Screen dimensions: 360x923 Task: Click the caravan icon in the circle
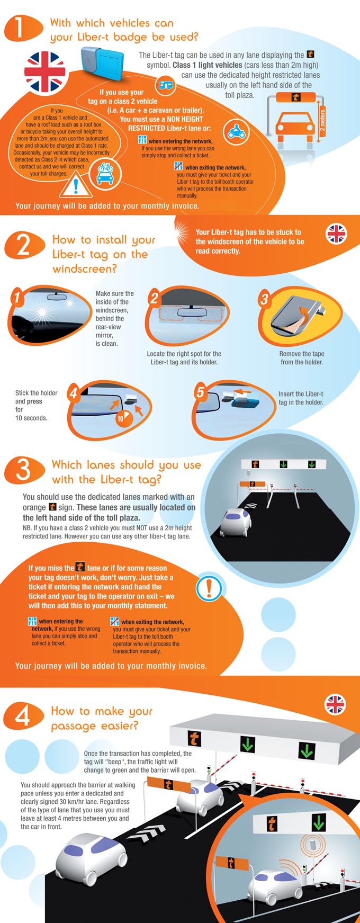tap(166, 85)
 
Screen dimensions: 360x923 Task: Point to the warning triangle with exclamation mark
tap(76, 185)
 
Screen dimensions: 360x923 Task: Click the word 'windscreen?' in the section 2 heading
tap(85, 269)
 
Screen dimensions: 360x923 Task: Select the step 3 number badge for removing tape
tap(264, 299)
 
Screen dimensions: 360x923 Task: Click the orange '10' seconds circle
tap(121, 418)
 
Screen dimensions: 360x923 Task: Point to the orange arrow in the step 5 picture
tap(243, 392)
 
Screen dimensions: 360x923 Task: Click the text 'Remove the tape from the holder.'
tap(302, 358)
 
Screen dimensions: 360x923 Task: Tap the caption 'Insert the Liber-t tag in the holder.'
tap(301, 398)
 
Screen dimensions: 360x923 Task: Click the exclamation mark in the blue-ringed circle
tap(210, 587)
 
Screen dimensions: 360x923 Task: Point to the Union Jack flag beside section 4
tap(335, 705)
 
